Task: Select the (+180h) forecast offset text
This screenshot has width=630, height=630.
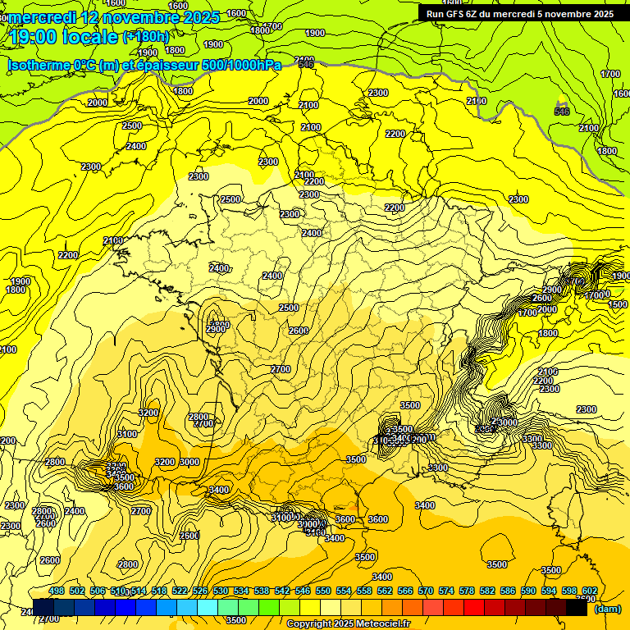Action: click(x=145, y=37)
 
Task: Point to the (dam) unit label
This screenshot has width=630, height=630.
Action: click(x=607, y=609)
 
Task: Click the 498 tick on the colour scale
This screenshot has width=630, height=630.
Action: click(x=57, y=591)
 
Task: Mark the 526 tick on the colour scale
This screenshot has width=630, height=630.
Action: click(x=200, y=591)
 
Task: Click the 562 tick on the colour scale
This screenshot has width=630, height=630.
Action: click(x=385, y=591)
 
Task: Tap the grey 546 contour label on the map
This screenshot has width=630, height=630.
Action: click(x=561, y=112)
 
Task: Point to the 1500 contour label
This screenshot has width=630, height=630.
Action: click(x=618, y=304)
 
